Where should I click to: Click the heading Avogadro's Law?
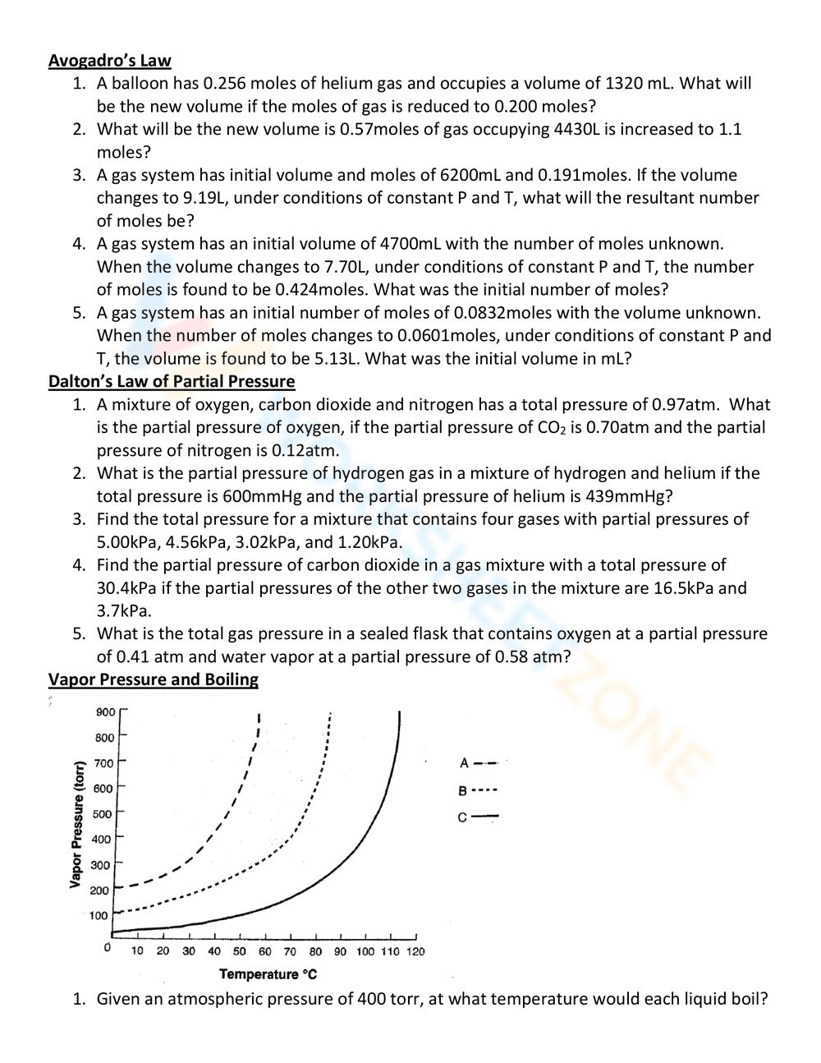109,60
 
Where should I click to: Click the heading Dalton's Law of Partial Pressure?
171,381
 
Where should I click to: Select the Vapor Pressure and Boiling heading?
153,679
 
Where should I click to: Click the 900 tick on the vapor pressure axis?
105,712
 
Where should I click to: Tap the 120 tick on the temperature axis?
415,951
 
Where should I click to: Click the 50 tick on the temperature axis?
240,951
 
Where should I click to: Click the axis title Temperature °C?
268,974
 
